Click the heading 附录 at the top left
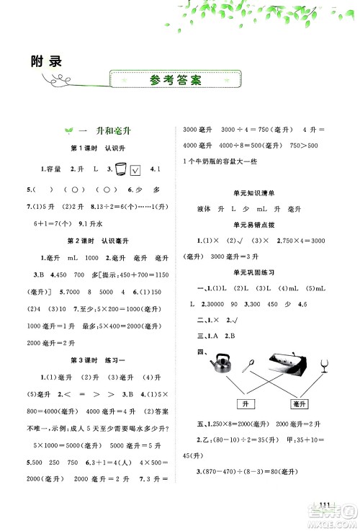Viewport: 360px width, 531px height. pos(48,61)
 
